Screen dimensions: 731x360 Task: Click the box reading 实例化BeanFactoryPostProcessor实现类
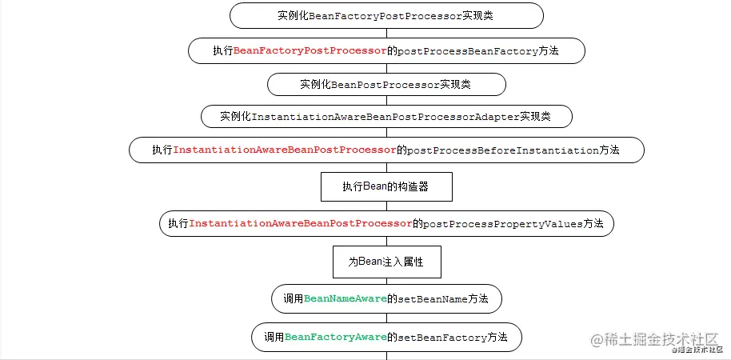[386, 16]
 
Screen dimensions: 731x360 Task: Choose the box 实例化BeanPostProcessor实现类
[386, 84]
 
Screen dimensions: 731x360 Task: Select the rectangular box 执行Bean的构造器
[386, 187]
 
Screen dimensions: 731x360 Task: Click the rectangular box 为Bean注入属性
[386, 262]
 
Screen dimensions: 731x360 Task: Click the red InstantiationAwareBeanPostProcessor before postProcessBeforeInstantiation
[285, 150]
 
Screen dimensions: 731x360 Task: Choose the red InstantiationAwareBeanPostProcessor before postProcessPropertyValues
[301, 224]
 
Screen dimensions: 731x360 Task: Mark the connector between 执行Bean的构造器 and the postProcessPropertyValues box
[386, 206]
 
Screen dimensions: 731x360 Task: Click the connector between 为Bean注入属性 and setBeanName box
[386, 281]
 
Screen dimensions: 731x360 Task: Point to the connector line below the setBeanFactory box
[386, 355]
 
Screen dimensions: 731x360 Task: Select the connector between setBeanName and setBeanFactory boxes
[386, 318]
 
